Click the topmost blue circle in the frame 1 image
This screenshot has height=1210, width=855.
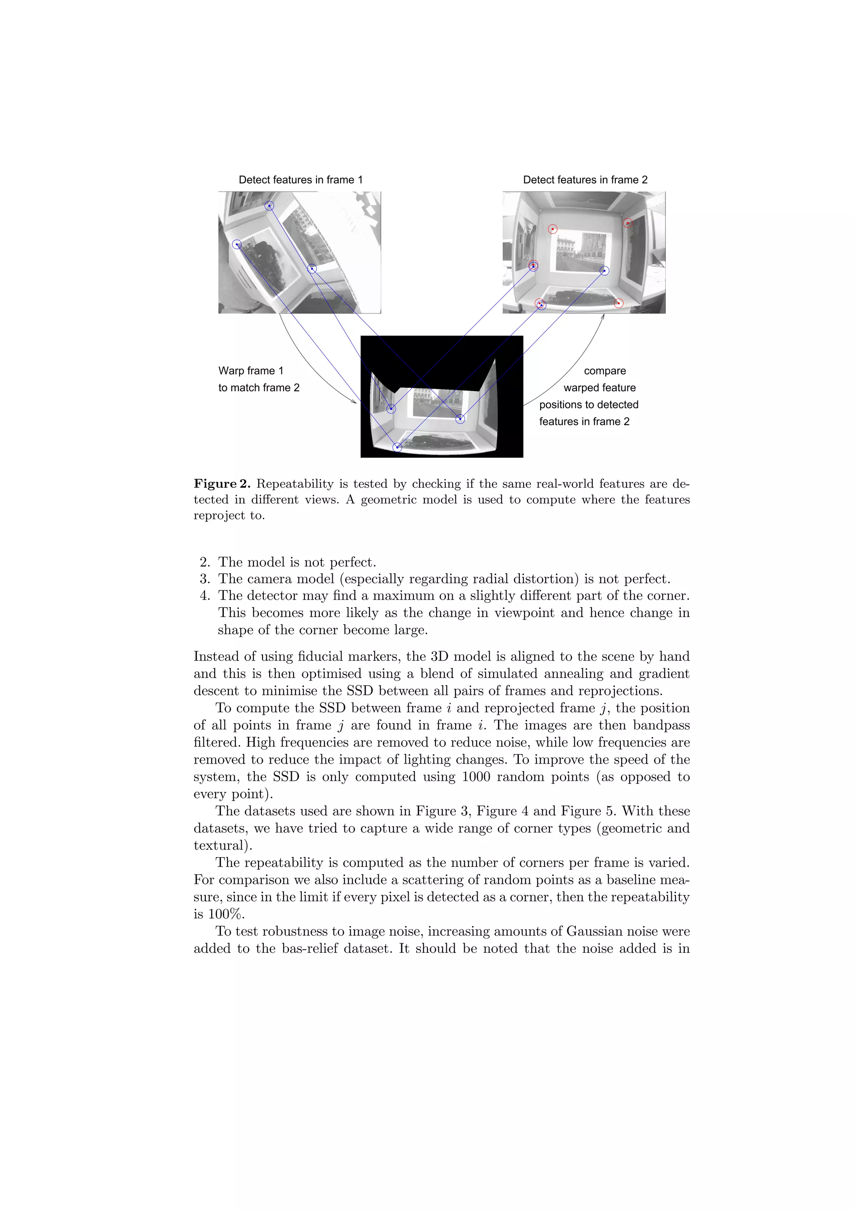pos(269,205)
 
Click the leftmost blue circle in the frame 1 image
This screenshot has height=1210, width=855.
pos(237,244)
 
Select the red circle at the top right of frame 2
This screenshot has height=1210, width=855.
pos(628,223)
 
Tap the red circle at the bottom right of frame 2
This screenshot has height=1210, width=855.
pos(619,303)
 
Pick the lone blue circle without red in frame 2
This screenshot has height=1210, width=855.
pos(604,271)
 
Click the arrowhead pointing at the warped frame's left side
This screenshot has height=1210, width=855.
pos(354,402)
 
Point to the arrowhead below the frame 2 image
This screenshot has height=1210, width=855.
pos(603,316)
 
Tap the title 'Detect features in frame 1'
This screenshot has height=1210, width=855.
pos(300,180)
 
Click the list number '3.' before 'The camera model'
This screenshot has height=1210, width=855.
pos(205,579)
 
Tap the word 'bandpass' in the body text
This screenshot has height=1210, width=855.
pos(661,725)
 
